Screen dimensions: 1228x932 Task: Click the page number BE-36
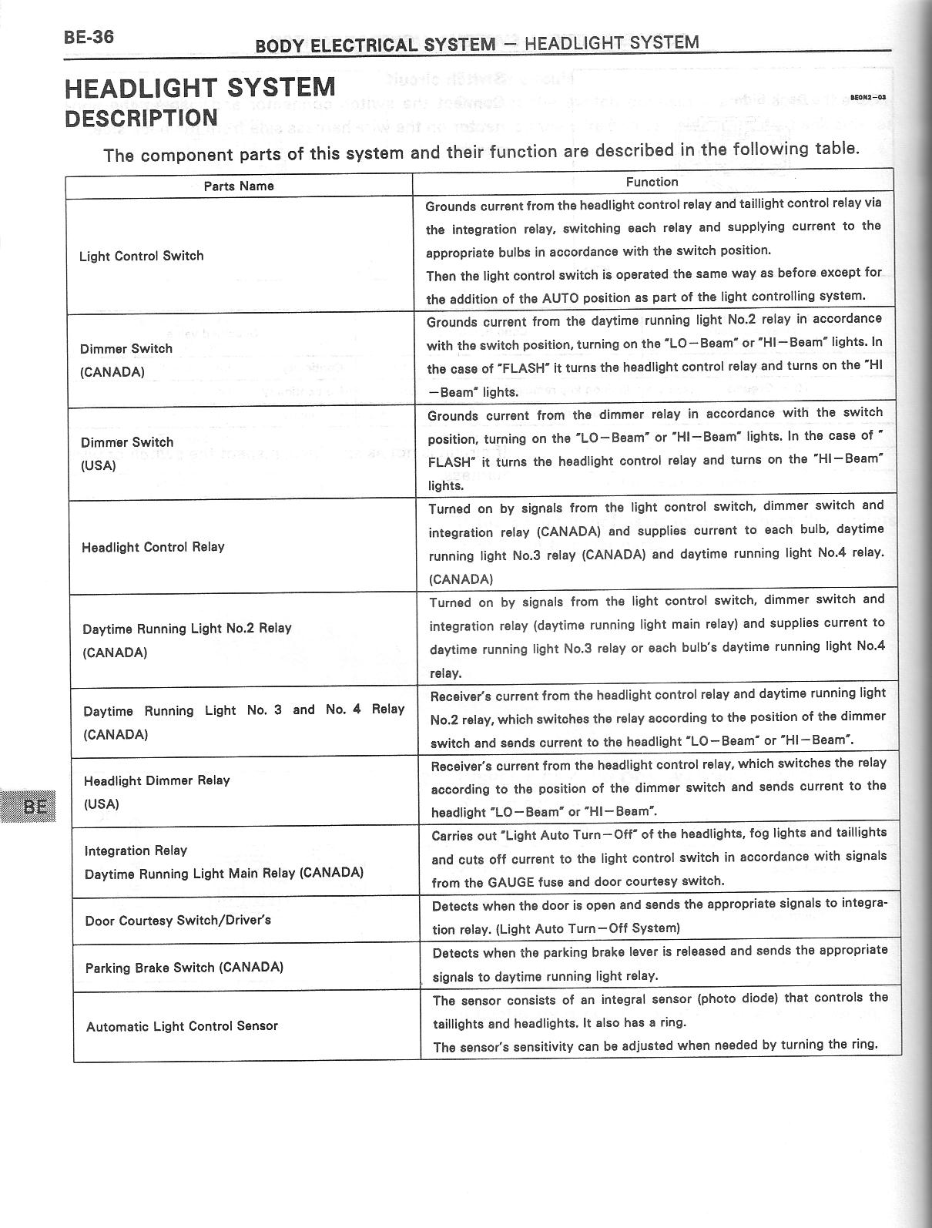(89, 38)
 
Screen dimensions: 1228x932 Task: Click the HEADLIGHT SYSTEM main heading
(199, 87)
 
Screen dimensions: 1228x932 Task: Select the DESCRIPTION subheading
(142, 118)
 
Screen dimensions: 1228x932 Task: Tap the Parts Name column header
(239, 186)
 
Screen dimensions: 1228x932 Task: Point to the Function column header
(652, 182)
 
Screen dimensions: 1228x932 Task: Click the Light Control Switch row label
(142, 256)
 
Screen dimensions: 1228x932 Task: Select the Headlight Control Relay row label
(153, 547)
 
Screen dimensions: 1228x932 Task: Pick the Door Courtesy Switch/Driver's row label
(178, 920)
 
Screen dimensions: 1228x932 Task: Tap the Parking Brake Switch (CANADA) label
(184, 967)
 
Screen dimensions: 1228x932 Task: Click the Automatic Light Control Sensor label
(182, 1026)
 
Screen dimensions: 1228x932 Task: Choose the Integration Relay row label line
(136, 851)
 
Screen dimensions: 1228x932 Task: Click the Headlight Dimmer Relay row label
(157, 780)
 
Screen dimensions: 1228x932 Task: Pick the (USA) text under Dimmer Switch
(99, 465)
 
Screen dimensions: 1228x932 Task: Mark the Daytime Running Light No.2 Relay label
(187, 628)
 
